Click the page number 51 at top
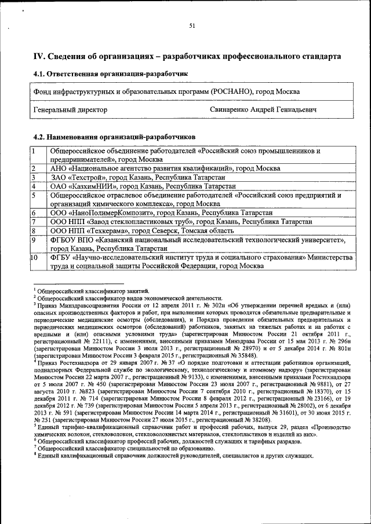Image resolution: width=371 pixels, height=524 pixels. tap(191, 25)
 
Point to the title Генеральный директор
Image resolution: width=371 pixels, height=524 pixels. tap(70, 109)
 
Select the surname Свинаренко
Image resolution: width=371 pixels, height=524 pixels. tap(232, 109)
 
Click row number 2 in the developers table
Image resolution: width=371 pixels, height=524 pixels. tap(34, 168)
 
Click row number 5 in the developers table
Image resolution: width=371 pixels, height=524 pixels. tap(34, 196)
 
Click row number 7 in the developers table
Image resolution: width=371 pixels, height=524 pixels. tap(34, 222)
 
